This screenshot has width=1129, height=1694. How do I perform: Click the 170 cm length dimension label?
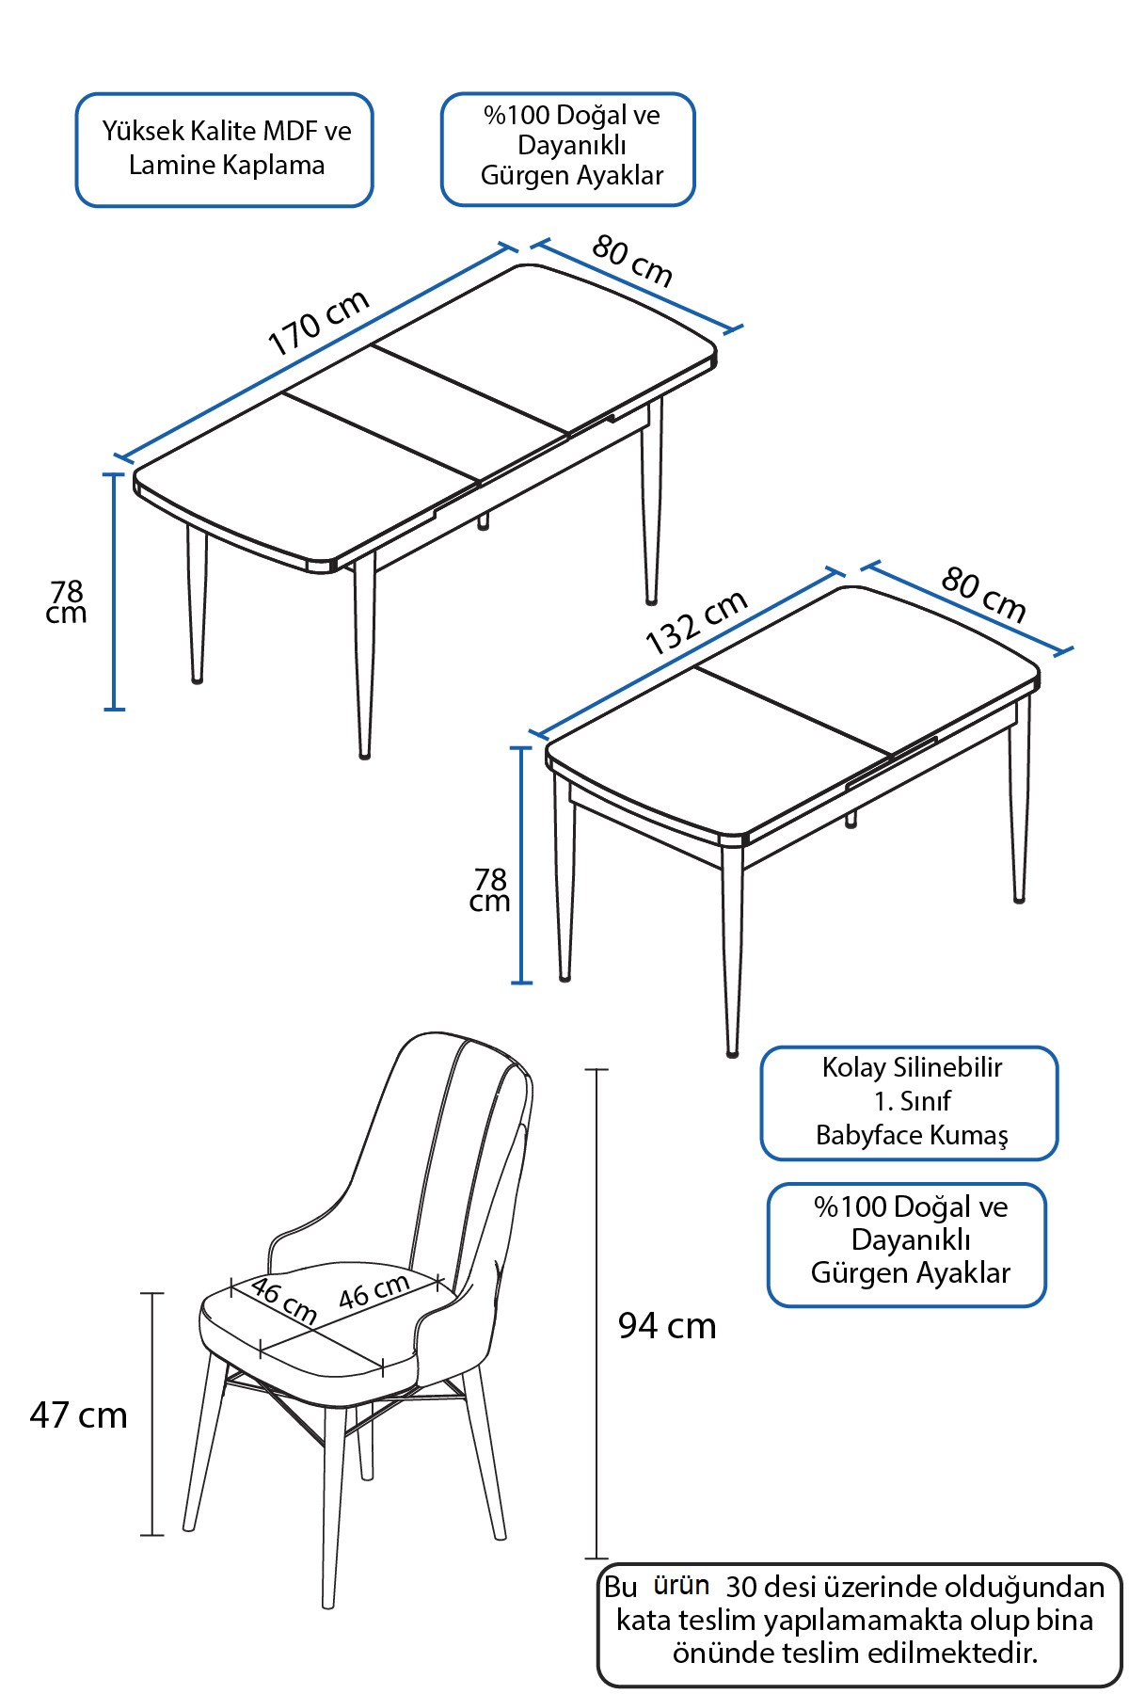click(x=319, y=323)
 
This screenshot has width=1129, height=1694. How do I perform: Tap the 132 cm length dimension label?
click(x=697, y=622)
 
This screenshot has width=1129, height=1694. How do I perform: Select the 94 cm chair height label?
click(x=667, y=1326)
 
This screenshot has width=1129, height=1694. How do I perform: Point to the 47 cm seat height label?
click(x=78, y=1415)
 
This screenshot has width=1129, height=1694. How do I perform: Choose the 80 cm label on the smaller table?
click(x=983, y=595)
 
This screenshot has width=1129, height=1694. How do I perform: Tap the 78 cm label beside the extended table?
click(x=67, y=602)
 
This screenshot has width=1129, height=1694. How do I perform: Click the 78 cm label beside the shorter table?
click(x=490, y=890)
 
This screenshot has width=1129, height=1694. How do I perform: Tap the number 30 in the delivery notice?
click(x=741, y=1588)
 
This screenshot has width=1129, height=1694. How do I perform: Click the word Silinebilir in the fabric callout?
click(x=947, y=1067)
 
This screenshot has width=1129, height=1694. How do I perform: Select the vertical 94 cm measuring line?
click(x=596, y=1314)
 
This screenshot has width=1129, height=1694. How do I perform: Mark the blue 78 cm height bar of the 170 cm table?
click(x=114, y=591)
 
